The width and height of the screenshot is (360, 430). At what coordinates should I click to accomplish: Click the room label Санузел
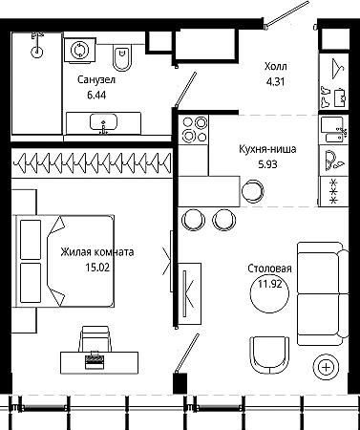(x=96, y=79)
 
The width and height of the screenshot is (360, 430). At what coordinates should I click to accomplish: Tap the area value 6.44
(x=96, y=95)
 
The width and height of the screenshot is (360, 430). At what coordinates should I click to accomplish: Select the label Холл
(x=276, y=67)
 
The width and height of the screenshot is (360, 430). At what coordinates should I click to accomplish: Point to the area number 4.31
(x=275, y=82)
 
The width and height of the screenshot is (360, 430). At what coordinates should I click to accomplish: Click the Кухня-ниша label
(x=267, y=149)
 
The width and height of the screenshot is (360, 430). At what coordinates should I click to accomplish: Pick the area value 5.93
(x=267, y=164)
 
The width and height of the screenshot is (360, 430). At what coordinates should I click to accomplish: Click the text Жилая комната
(x=97, y=252)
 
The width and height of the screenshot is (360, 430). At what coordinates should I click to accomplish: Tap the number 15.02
(x=97, y=268)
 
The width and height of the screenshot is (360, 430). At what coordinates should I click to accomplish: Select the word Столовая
(x=269, y=269)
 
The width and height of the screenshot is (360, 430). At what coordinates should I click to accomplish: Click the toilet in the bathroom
(x=122, y=58)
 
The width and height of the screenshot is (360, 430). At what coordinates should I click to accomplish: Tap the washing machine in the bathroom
(x=80, y=50)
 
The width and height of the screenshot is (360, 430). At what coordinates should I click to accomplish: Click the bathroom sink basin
(x=103, y=122)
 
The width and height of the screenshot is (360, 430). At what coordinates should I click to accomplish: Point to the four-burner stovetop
(x=193, y=129)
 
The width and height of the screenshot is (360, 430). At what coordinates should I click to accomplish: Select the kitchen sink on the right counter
(x=333, y=129)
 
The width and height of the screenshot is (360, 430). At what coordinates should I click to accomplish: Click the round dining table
(x=270, y=294)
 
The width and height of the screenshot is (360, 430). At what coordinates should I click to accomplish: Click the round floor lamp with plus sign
(x=327, y=367)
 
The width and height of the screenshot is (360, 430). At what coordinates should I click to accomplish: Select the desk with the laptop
(x=99, y=362)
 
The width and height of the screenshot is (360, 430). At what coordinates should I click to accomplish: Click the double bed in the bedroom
(x=64, y=261)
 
